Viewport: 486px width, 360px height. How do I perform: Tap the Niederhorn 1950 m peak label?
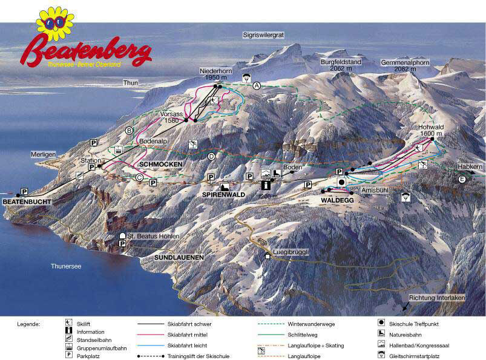point(216,74)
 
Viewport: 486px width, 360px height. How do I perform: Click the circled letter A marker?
point(257,86)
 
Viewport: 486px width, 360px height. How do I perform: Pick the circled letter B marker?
point(128,130)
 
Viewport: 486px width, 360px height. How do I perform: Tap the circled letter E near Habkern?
point(462,179)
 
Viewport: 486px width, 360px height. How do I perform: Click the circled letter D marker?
point(211,157)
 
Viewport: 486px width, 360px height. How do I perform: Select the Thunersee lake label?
point(66,266)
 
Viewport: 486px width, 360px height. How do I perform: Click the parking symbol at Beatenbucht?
point(24,191)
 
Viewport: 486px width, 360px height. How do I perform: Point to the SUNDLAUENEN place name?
point(174,257)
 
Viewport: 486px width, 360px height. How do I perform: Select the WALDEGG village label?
point(337,200)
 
